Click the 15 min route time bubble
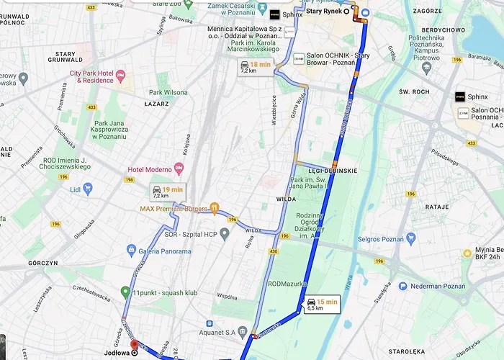[321, 304]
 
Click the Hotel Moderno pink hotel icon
[179, 168]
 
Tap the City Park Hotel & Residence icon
[120, 76]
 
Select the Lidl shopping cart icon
[88, 189]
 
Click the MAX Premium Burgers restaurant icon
[215, 209]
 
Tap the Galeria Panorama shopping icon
[131, 251]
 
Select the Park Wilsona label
[168, 92]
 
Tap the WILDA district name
[287, 197]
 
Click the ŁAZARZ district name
[156, 104]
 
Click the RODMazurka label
[287, 283]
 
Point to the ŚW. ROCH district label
[414, 91]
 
